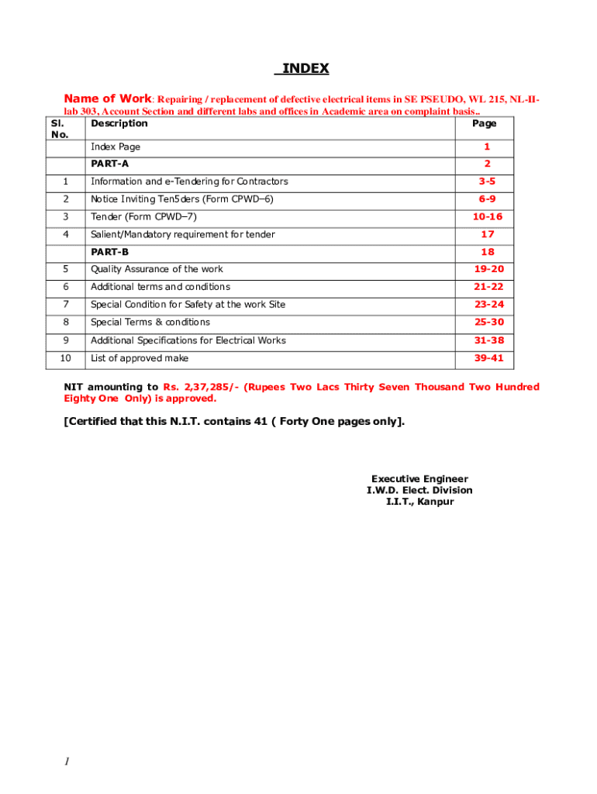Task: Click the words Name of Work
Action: [107, 98]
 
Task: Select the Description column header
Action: [119, 123]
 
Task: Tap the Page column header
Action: [484, 123]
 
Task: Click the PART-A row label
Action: [109, 164]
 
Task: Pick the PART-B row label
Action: [109, 252]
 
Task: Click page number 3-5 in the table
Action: [486, 181]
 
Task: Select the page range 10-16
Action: [487, 217]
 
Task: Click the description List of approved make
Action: [140, 358]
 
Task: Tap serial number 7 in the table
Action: [66, 305]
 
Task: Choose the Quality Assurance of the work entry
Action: [157, 269]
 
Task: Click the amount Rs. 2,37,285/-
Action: [201, 387]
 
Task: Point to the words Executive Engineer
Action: [419, 479]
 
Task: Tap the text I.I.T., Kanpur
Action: [419, 502]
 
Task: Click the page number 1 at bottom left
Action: [67, 762]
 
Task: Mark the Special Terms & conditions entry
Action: [150, 323]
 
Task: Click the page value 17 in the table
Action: [487, 234]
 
